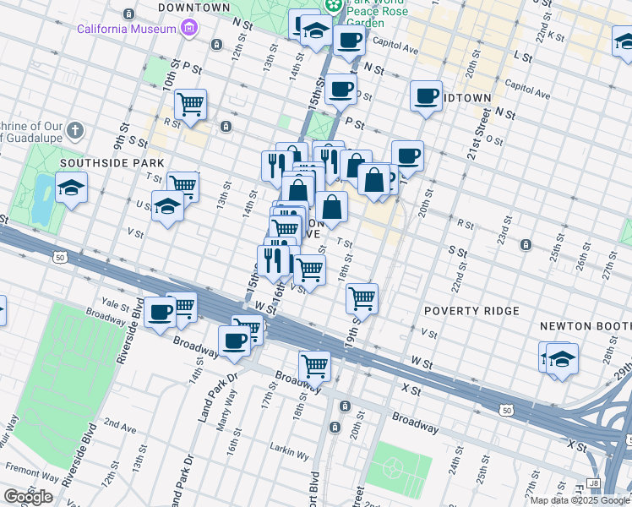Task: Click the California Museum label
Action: (x=126, y=29)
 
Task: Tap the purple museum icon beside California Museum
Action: (x=189, y=29)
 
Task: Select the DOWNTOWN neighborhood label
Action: (x=193, y=7)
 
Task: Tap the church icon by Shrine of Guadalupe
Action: (x=75, y=130)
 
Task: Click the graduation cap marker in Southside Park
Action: (x=72, y=188)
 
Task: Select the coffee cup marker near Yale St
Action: (x=159, y=313)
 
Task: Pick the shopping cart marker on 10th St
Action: (x=191, y=105)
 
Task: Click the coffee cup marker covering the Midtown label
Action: (x=427, y=95)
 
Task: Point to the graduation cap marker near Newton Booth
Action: (x=561, y=358)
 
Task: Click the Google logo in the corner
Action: (x=27, y=497)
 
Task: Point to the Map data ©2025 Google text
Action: (x=575, y=500)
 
